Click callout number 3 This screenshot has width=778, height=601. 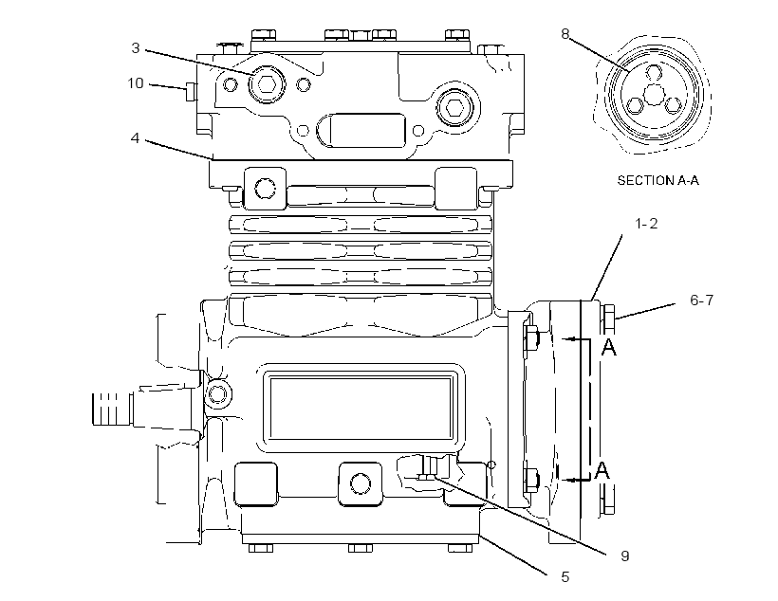pos(136,48)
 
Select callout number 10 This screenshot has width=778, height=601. pos(136,83)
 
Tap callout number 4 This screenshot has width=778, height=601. pos(135,137)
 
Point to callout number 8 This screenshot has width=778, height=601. pos(565,34)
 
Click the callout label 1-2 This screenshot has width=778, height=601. pos(646,224)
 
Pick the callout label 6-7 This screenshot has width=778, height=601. pos(701,300)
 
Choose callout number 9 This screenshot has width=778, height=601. pos(625,555)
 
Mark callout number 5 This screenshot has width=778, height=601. pos(565,576)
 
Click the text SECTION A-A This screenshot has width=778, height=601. pos(658,180)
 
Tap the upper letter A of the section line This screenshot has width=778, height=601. pos(609,347)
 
